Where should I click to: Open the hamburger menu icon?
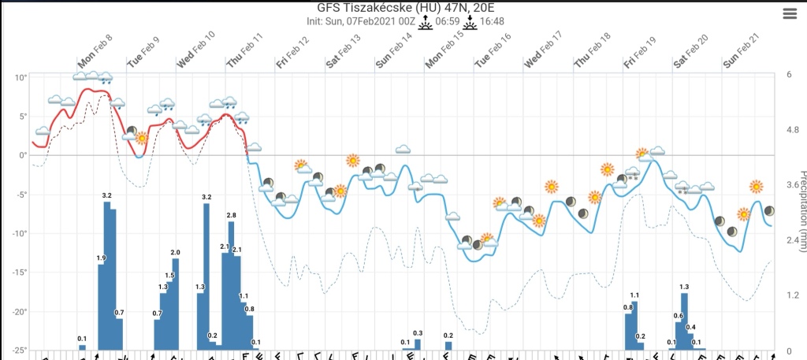click(x=790, y=13)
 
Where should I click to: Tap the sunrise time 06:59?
click(x=448, y=21)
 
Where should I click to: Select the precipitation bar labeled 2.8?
click(x=232, y=284)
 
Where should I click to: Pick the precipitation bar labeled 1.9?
click(x=102, y=307)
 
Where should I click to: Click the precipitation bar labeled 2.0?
click(x=176, y=303)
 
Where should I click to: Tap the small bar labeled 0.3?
click(x=418, y=344)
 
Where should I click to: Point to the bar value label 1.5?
click(x=169, y=275)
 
